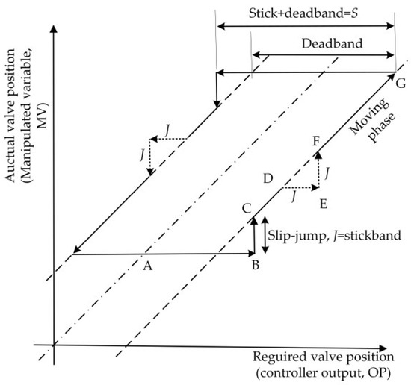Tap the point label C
[x=246, y=210]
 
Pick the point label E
[x=324, y=202]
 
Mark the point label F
[x=317, y=140]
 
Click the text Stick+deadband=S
[x=305, y=13]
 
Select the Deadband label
[x=322, y=43]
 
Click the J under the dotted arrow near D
[x=295, y=197]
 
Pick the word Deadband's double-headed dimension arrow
[x=322, y=54]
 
